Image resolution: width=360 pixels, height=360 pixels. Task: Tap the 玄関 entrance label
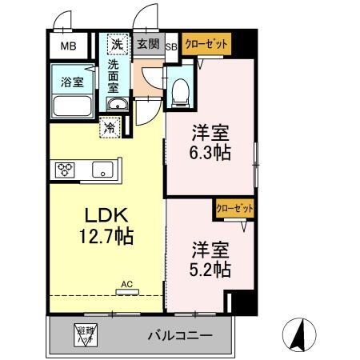coord(146,45)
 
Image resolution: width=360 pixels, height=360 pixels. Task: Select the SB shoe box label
coord(171,46)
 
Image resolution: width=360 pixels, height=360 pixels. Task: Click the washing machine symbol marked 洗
coord(117,45)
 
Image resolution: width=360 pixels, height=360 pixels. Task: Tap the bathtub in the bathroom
coord(73,106)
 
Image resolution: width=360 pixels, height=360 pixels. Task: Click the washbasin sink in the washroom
coord(117,105)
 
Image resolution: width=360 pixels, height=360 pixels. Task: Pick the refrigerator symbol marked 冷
coord(110,126)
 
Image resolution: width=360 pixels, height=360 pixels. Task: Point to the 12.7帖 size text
coord(106,237)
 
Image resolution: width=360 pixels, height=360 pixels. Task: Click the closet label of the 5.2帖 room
coord(235,207)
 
